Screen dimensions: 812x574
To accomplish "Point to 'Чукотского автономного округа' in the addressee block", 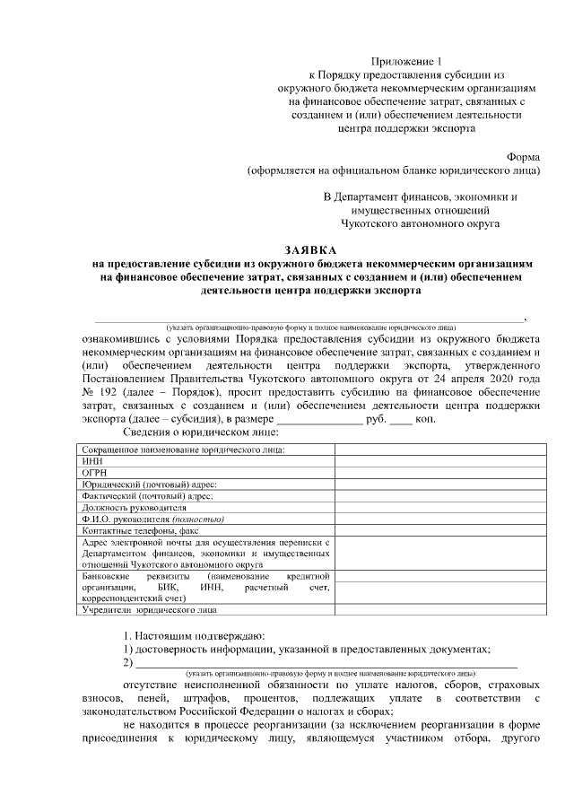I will coord(421,221).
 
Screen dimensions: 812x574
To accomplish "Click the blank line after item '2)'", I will coord(326,664).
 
